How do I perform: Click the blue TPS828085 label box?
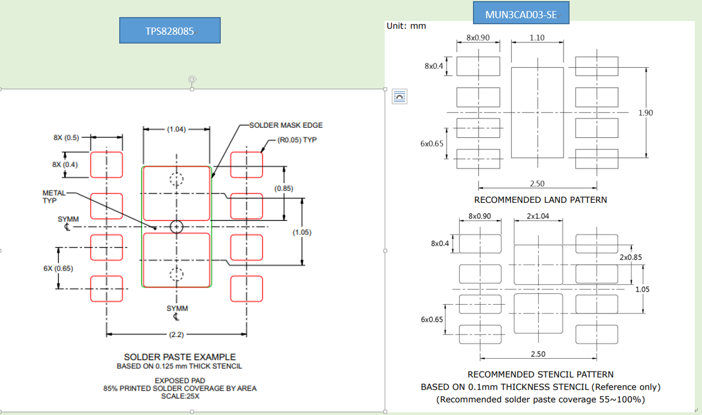[170, 31]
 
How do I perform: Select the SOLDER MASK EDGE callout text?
[286, 126]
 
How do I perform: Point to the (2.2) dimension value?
[177, 335]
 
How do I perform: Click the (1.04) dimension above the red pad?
[177, 130]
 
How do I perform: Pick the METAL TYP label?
[54, 197]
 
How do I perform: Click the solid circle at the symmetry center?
[176, 227]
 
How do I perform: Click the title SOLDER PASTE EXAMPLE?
[179, 357]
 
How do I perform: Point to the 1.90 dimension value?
[645, 113]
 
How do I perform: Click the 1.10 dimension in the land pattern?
[537, 38]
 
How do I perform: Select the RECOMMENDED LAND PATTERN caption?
[540, 200]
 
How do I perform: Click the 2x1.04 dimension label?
[538, 216]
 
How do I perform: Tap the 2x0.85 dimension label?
[631, 257]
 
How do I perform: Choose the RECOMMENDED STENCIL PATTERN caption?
[540, 375]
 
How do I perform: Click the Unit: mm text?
[406, 26]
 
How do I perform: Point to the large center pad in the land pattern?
[537, 112]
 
